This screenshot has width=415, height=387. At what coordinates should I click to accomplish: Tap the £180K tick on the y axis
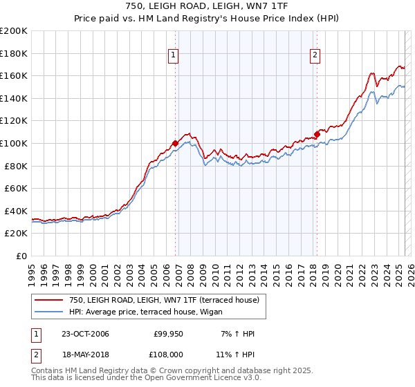[x=15, y=53]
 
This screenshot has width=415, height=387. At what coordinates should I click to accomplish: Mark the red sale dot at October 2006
[x=175, y=144]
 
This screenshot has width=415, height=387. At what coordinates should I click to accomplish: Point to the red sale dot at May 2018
[x=317, y=134]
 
